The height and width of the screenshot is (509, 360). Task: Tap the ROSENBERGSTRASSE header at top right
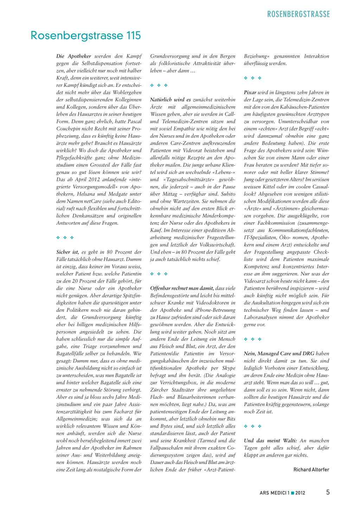point(298,14)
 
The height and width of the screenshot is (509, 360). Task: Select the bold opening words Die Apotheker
point(74,56)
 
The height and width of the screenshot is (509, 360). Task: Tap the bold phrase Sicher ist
point(67,252)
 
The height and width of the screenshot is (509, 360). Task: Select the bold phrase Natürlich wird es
point(171,100)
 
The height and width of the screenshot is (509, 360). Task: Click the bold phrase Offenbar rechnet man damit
point(182,288)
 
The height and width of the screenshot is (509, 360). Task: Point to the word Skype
point(229,368)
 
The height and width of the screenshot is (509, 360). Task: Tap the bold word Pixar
point(250,92)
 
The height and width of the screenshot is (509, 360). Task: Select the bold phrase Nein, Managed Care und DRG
point(279,354)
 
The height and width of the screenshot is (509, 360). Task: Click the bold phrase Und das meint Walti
point(270,440)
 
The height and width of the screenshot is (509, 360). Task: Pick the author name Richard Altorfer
point(311,470)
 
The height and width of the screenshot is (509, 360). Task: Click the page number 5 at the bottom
point(328,492)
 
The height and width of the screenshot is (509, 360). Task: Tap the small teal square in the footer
point(292,493)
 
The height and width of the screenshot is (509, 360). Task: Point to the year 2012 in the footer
point(300,493)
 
